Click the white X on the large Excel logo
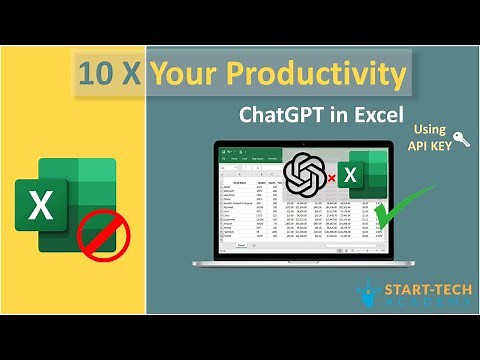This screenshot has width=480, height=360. (42, 206)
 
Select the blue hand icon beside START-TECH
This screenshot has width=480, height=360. (367, 295)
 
